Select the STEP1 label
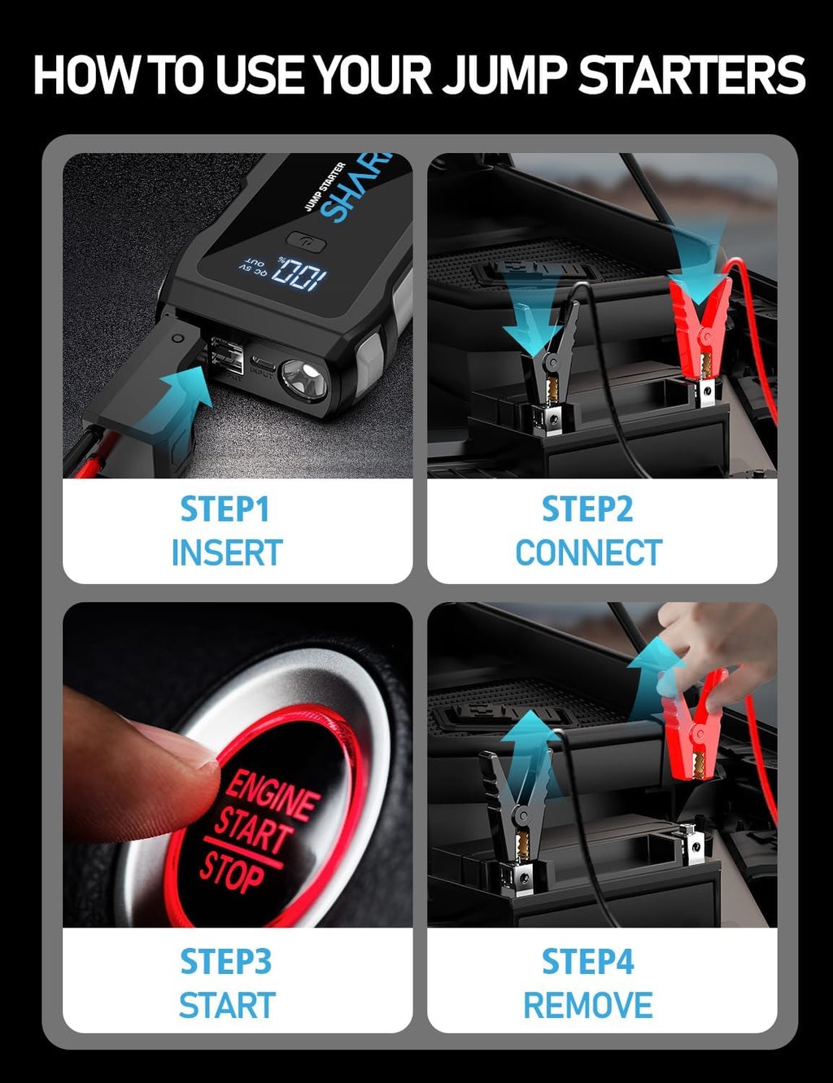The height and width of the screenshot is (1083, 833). (x=225, y=509)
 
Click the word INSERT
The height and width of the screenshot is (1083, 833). (x=226, y=553)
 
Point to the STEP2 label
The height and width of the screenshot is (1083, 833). (x=587, y=509)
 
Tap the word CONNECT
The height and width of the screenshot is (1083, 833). (x=588, y=553)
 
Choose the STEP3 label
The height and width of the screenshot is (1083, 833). (x=225, y=962)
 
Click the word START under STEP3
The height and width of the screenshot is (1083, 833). (x=227, y=1006)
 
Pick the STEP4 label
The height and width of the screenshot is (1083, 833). (x=587, y=962)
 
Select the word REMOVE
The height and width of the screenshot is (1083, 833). (x=587, y=1006)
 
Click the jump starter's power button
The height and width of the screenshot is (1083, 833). (x=306, y=242)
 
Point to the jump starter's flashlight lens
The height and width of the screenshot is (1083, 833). (x=303, y=378)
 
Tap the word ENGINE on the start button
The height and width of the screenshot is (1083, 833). (x=272, y=795)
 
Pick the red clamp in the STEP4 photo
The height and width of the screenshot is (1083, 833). (x=691, y=724)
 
